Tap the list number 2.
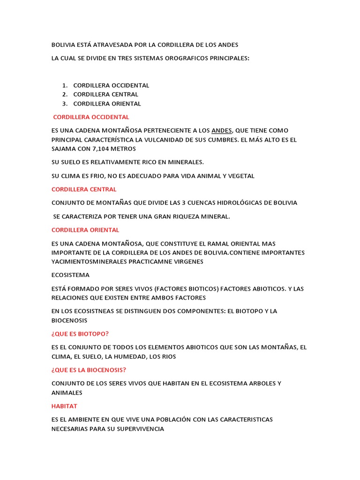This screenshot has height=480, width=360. pos(65,95)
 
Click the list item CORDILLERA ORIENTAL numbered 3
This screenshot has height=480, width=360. pos(107,104)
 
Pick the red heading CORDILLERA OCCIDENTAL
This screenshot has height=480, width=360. pos(91,117)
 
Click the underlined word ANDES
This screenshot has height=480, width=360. pos(222,130)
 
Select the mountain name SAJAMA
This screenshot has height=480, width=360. pos(65,149)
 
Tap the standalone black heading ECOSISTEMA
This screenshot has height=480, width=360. pos(70,275)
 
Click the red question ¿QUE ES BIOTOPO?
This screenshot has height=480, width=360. pos(81,334)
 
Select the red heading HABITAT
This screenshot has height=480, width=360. pos(64,406)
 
